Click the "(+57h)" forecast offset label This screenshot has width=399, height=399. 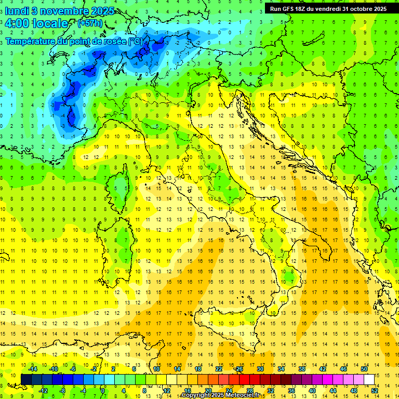click(x=90, y=23)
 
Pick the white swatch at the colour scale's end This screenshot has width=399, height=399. click(x=369, y=379)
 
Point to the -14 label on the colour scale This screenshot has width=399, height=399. click(x=33, y=369)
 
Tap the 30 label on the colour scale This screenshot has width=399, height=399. click(x=260, y=369)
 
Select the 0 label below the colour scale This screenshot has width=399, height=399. click(x=103, y=390)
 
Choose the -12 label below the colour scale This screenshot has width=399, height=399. click(x=44, y=390)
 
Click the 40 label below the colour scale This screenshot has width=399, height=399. click(x=312, y=390)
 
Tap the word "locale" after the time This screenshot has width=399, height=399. click(x=50, y=23)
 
